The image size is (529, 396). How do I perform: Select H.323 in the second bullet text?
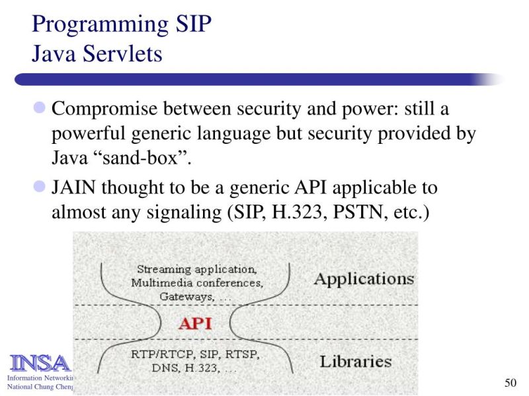291,214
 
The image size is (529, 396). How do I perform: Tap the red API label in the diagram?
195,323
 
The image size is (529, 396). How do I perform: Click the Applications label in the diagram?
364,279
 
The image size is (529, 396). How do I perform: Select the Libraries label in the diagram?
356,362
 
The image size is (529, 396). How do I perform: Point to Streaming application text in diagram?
196,269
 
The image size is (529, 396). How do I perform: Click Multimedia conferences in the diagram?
196,283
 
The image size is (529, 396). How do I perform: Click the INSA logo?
38,363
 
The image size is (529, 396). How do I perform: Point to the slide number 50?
509,383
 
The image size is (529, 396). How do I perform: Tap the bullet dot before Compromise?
39,107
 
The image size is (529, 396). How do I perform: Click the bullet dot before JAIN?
39,187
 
